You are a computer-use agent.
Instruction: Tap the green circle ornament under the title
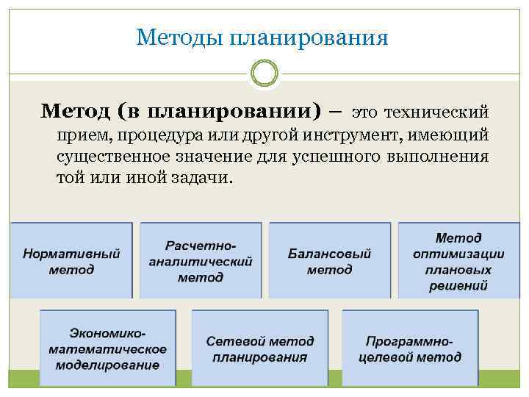pyautogui.click(x=264, y=74)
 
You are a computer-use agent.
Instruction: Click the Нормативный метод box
pyautogui.click(x=71, y=261)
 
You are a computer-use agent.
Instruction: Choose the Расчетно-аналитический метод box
pyautogui.click(x=201, y=261)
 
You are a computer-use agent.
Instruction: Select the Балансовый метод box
pyautogui.click(x=329, y=261)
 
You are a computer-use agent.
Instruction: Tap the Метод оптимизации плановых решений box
pyautogui.click(x=458, y=261)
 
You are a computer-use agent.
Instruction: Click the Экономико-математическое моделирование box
pyautogui.click(x=107, y=348)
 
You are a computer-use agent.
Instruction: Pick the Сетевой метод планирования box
pyautogui.click(x=259, y=348)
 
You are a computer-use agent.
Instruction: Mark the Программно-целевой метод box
pyautogui.click(x=410, y=348)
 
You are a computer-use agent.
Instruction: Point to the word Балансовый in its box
pyautogui.click(x=329, y=254)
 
